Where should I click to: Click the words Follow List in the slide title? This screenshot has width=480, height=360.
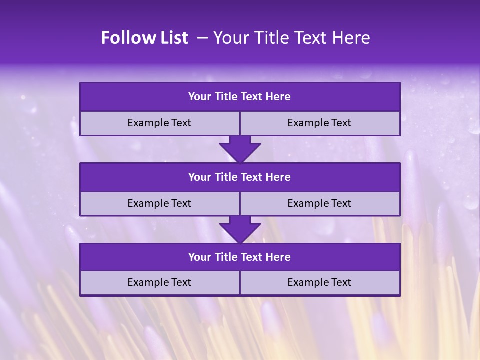click(144, 38)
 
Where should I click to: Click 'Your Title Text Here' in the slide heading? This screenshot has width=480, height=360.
click(291, 38)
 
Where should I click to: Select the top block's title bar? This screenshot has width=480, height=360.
click(240, 97)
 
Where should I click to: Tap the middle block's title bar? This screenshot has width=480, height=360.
click(240, 177)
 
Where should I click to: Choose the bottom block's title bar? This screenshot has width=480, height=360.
click(240, 257)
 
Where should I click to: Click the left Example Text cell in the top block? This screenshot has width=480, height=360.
click(159, 123)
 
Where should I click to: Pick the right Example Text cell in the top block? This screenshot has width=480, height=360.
click(319, 123)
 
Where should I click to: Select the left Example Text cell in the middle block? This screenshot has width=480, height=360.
click(159, 203)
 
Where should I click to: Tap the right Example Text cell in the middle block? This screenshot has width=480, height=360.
click(319, 203)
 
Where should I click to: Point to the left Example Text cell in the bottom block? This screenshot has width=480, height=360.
click(159, 282)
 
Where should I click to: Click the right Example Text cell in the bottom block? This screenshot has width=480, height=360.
click(319, 282)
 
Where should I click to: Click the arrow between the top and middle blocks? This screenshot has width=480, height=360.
click(240, 149)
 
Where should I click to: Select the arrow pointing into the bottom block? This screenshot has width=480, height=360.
click(240, 229)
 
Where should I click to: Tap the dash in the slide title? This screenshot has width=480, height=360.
click(202, 38)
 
